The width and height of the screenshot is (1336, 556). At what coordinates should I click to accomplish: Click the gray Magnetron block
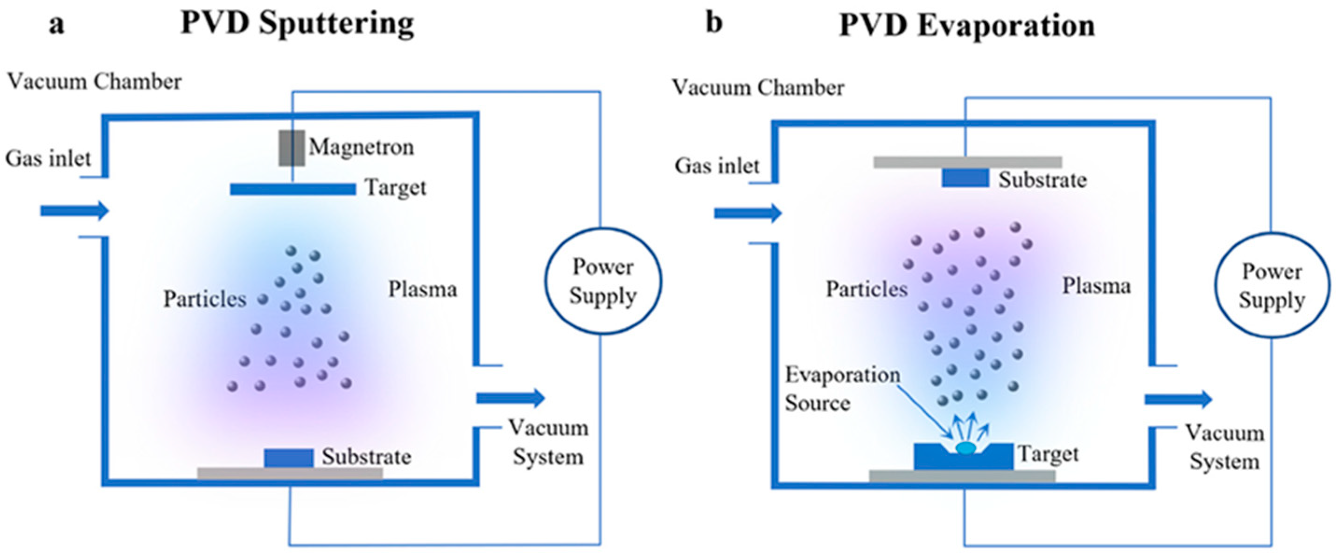pyautogui.click(x=292, y=148)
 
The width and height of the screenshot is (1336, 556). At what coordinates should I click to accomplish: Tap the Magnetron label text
pyautogui.click(x=362, y=147)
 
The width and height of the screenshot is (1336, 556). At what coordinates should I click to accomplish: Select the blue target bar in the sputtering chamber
pyautogui.click(x=293, y=189)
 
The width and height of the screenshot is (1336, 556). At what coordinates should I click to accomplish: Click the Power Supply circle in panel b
pyautogui.click(x=1272, y=286)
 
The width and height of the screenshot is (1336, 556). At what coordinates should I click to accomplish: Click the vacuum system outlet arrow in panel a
pyautogui.click(x=511, y=398)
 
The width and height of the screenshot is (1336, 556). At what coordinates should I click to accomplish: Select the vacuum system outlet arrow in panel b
pyautogui.click(x=1178, y=399)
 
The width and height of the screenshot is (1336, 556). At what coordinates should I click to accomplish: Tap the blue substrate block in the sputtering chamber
pyautogui.click(x=288, y=458)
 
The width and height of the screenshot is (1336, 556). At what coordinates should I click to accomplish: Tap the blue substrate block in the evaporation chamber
pyautogui.click(x=965, y=178)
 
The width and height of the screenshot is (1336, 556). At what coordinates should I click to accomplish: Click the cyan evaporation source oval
pyautogui.click(x=965, y=448)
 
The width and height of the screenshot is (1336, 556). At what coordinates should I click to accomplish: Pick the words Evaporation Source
pyautogui.click(x=842, y=389)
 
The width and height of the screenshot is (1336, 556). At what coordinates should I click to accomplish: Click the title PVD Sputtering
pyautogui.click(x=297, y=24)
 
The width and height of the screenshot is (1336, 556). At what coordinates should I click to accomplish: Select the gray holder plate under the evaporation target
pyautogui.click(x=962, y=476)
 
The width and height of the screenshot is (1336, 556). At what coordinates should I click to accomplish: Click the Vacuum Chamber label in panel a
pyautogui.click(x=94, y=82)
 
